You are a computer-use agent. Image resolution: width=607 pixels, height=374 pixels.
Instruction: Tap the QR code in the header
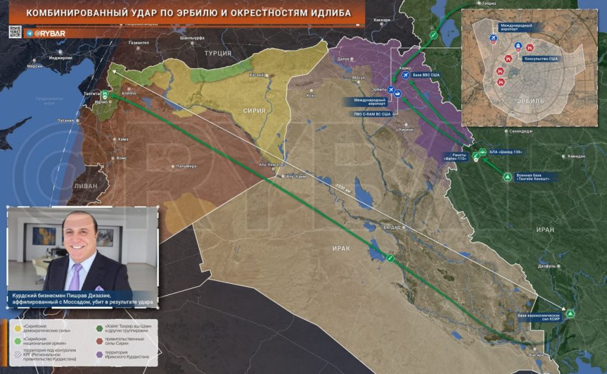point(15,32)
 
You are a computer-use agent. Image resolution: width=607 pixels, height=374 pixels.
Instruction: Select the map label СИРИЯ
point(253,110)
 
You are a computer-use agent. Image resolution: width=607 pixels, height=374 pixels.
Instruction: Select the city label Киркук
point(405,129)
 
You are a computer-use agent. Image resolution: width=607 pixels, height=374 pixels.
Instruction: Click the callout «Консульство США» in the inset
point(541,59)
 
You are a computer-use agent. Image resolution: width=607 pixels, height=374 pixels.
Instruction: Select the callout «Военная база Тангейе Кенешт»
point(533,176)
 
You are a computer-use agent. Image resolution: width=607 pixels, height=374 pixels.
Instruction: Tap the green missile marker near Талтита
point(105,94)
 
